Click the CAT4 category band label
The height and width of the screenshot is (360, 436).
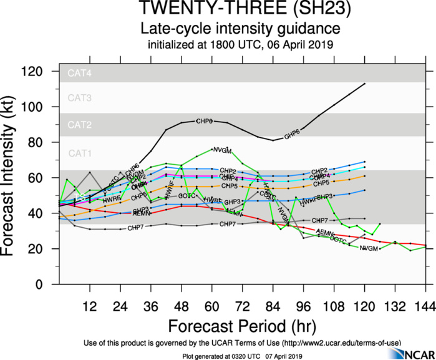coord(80,73)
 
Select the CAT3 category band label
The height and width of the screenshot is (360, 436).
coord(80,98)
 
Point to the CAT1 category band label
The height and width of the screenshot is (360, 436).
coord(80,153)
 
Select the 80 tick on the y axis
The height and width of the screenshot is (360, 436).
coord(42,143)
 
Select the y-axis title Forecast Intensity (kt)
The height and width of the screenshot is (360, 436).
coord(14,179)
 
